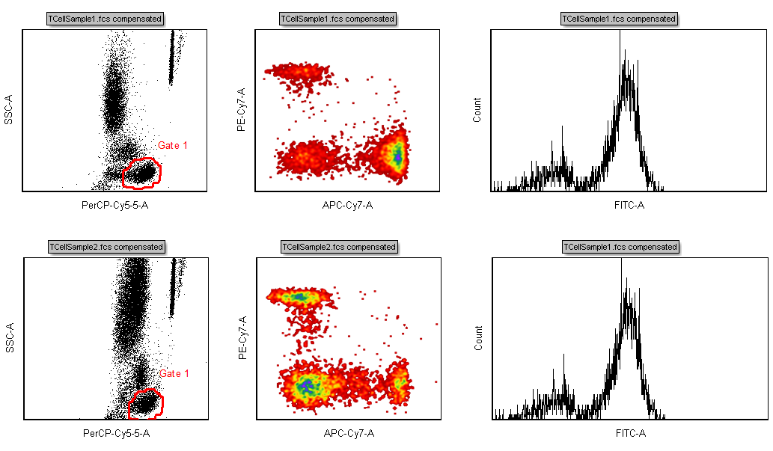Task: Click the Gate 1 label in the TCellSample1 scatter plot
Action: click(x=173, y=145)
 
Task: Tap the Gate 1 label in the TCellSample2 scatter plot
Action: click(x=174, y=373)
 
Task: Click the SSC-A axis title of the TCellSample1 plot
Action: click(x=9, y=110)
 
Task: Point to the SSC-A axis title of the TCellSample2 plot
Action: click(x=9, y=338)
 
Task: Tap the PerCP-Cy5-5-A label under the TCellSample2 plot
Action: click(x=117, y=433)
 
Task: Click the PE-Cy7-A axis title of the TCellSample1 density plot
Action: click(x=242, y=110)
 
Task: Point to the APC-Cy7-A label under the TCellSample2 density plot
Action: click(x=349, y=433)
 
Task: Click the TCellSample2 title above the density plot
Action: click(x=337, y=247)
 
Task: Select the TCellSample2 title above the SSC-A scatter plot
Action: click(x=106, y=247)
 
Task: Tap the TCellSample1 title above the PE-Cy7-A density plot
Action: click(x=337, y=19)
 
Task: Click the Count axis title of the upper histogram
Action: click(x=477, y=110)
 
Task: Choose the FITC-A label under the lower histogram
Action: click(x=630, y=433)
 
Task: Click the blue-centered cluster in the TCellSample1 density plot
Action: click(x=397, y=156)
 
